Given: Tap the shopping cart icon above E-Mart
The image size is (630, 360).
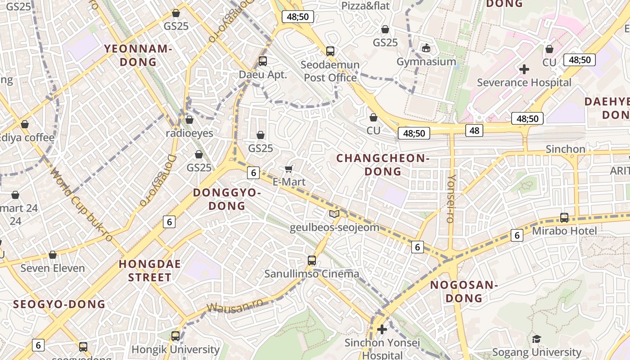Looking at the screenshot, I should click(x=289, y=169).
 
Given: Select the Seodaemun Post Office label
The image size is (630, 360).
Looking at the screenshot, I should click(x=330, y=71).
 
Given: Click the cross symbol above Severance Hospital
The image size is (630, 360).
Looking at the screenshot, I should click(x=524, y=69).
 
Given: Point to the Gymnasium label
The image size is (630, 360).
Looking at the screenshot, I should click(x=426, y=61).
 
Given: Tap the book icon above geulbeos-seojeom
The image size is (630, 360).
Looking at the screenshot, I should click(x=334, y=214).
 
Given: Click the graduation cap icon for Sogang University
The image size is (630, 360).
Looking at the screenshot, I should click(x=536, y=339).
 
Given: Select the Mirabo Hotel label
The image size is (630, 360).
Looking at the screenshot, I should click(x=564, y=231).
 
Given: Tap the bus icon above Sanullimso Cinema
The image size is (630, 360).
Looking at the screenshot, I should click(x=312, y=260).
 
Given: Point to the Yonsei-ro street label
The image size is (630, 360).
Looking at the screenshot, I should click(x=450, y=198).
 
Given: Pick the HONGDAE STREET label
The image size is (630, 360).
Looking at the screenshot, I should click(x=150, y=270).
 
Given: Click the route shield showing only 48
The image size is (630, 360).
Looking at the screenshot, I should click(x=475, y=130).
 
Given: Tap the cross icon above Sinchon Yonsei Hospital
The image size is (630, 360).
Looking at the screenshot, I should click(x=382, y=329).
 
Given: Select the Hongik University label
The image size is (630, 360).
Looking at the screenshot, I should click(x=175, y=349).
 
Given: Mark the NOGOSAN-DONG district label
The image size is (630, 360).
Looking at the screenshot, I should click(x=463, y=291).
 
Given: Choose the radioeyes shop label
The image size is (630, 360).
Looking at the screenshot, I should click(x=189, y=133).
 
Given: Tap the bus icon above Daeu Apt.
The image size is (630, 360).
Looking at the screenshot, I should click(x=263, y=61).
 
